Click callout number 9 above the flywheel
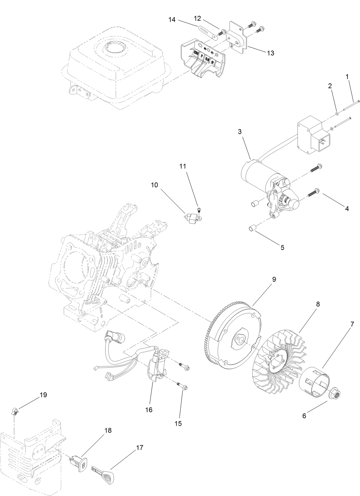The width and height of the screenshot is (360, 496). (274, 279)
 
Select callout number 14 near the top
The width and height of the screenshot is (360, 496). (172, 20)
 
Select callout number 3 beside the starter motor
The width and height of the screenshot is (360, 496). (240, 131)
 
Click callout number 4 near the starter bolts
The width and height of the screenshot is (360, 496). (347, 208)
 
